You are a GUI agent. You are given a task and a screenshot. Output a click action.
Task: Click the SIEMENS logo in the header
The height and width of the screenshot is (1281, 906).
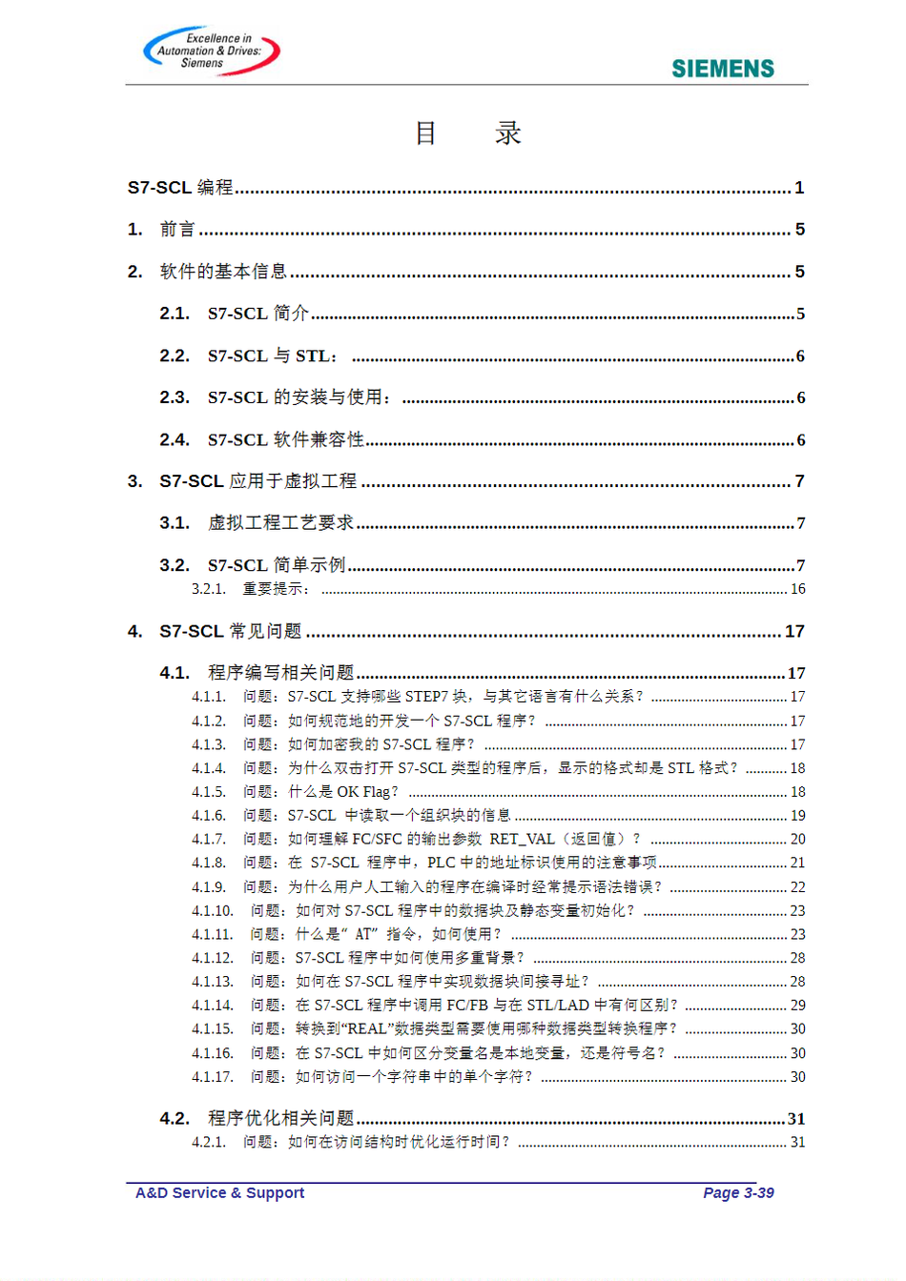pos(722,69)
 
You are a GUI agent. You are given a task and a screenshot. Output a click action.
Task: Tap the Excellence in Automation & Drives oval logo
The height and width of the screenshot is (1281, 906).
pos(211,51)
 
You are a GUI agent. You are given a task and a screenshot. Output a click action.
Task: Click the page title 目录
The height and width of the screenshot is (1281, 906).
pos(467,133)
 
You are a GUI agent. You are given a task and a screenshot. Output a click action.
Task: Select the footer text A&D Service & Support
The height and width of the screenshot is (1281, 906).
pos(219,1192)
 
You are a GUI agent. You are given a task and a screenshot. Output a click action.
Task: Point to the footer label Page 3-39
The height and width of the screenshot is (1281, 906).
pos(738,1192)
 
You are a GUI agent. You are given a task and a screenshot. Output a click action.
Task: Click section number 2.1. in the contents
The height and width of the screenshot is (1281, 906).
pos(175,314)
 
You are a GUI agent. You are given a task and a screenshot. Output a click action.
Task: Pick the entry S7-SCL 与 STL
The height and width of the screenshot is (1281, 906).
pos(272,356)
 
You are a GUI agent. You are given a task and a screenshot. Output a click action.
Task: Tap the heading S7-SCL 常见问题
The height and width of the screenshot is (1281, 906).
pos(231,631)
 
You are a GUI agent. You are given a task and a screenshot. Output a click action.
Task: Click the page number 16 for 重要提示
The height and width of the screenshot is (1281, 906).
pos(797,589)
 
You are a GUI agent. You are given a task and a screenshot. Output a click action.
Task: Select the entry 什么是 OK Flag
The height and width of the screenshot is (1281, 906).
pos(343,792)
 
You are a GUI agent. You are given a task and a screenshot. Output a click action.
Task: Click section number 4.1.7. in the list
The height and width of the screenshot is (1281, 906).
pos(209,839)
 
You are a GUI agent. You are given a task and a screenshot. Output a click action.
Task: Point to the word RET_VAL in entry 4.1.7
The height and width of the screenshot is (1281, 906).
pos(522,839)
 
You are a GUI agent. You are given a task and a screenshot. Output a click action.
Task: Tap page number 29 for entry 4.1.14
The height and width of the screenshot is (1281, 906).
pos(797,1005)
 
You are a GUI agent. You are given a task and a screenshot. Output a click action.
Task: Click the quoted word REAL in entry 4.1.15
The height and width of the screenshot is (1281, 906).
pos(367,1028)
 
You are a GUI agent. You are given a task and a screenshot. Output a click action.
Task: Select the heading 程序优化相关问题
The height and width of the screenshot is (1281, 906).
pos(281,1118)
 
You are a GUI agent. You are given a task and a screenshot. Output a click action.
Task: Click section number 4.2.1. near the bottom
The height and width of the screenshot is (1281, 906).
pos(209,1142)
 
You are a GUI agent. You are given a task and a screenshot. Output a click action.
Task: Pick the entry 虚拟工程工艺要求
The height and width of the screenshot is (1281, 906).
pos(281,523)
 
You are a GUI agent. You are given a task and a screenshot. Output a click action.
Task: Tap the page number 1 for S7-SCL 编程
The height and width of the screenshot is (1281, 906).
pos(799,188)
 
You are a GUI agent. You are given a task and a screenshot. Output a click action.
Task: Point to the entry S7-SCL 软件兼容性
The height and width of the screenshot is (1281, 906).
pos(286,440)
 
